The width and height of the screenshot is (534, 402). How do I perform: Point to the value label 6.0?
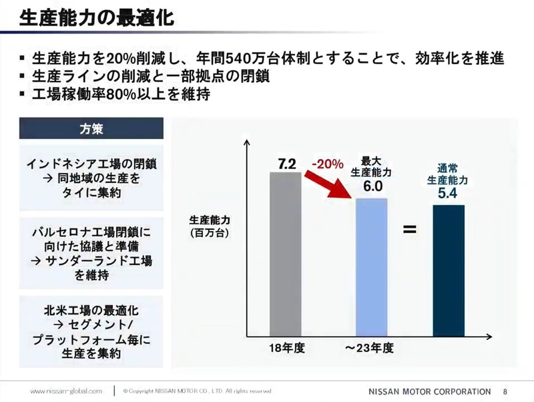coord(370,188)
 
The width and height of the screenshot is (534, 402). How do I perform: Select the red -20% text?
coord(328,164)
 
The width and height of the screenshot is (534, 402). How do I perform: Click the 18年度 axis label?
coord(286,349)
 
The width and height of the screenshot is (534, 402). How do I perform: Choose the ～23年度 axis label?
coord(370,349)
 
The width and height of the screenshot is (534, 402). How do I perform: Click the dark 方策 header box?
coord(91,128)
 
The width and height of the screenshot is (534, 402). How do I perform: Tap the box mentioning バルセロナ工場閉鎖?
coord(91,253)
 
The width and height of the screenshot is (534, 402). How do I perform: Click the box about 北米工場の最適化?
coord(91,331)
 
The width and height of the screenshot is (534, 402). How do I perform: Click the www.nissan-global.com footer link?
coord(66,390)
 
